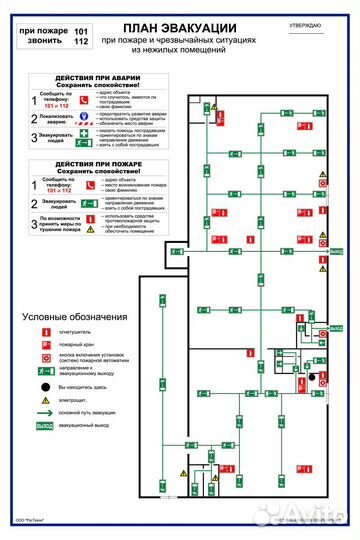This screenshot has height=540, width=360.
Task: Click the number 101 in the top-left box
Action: tap(82, 31)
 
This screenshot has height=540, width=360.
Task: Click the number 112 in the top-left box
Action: tap(82, 43)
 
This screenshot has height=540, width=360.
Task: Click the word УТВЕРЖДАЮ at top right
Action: tap(305, 22)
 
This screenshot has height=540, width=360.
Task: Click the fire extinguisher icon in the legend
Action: tap(44, 331)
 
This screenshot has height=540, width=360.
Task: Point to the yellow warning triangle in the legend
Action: tap(44, 398)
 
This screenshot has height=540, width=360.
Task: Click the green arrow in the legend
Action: tap(44, 412)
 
